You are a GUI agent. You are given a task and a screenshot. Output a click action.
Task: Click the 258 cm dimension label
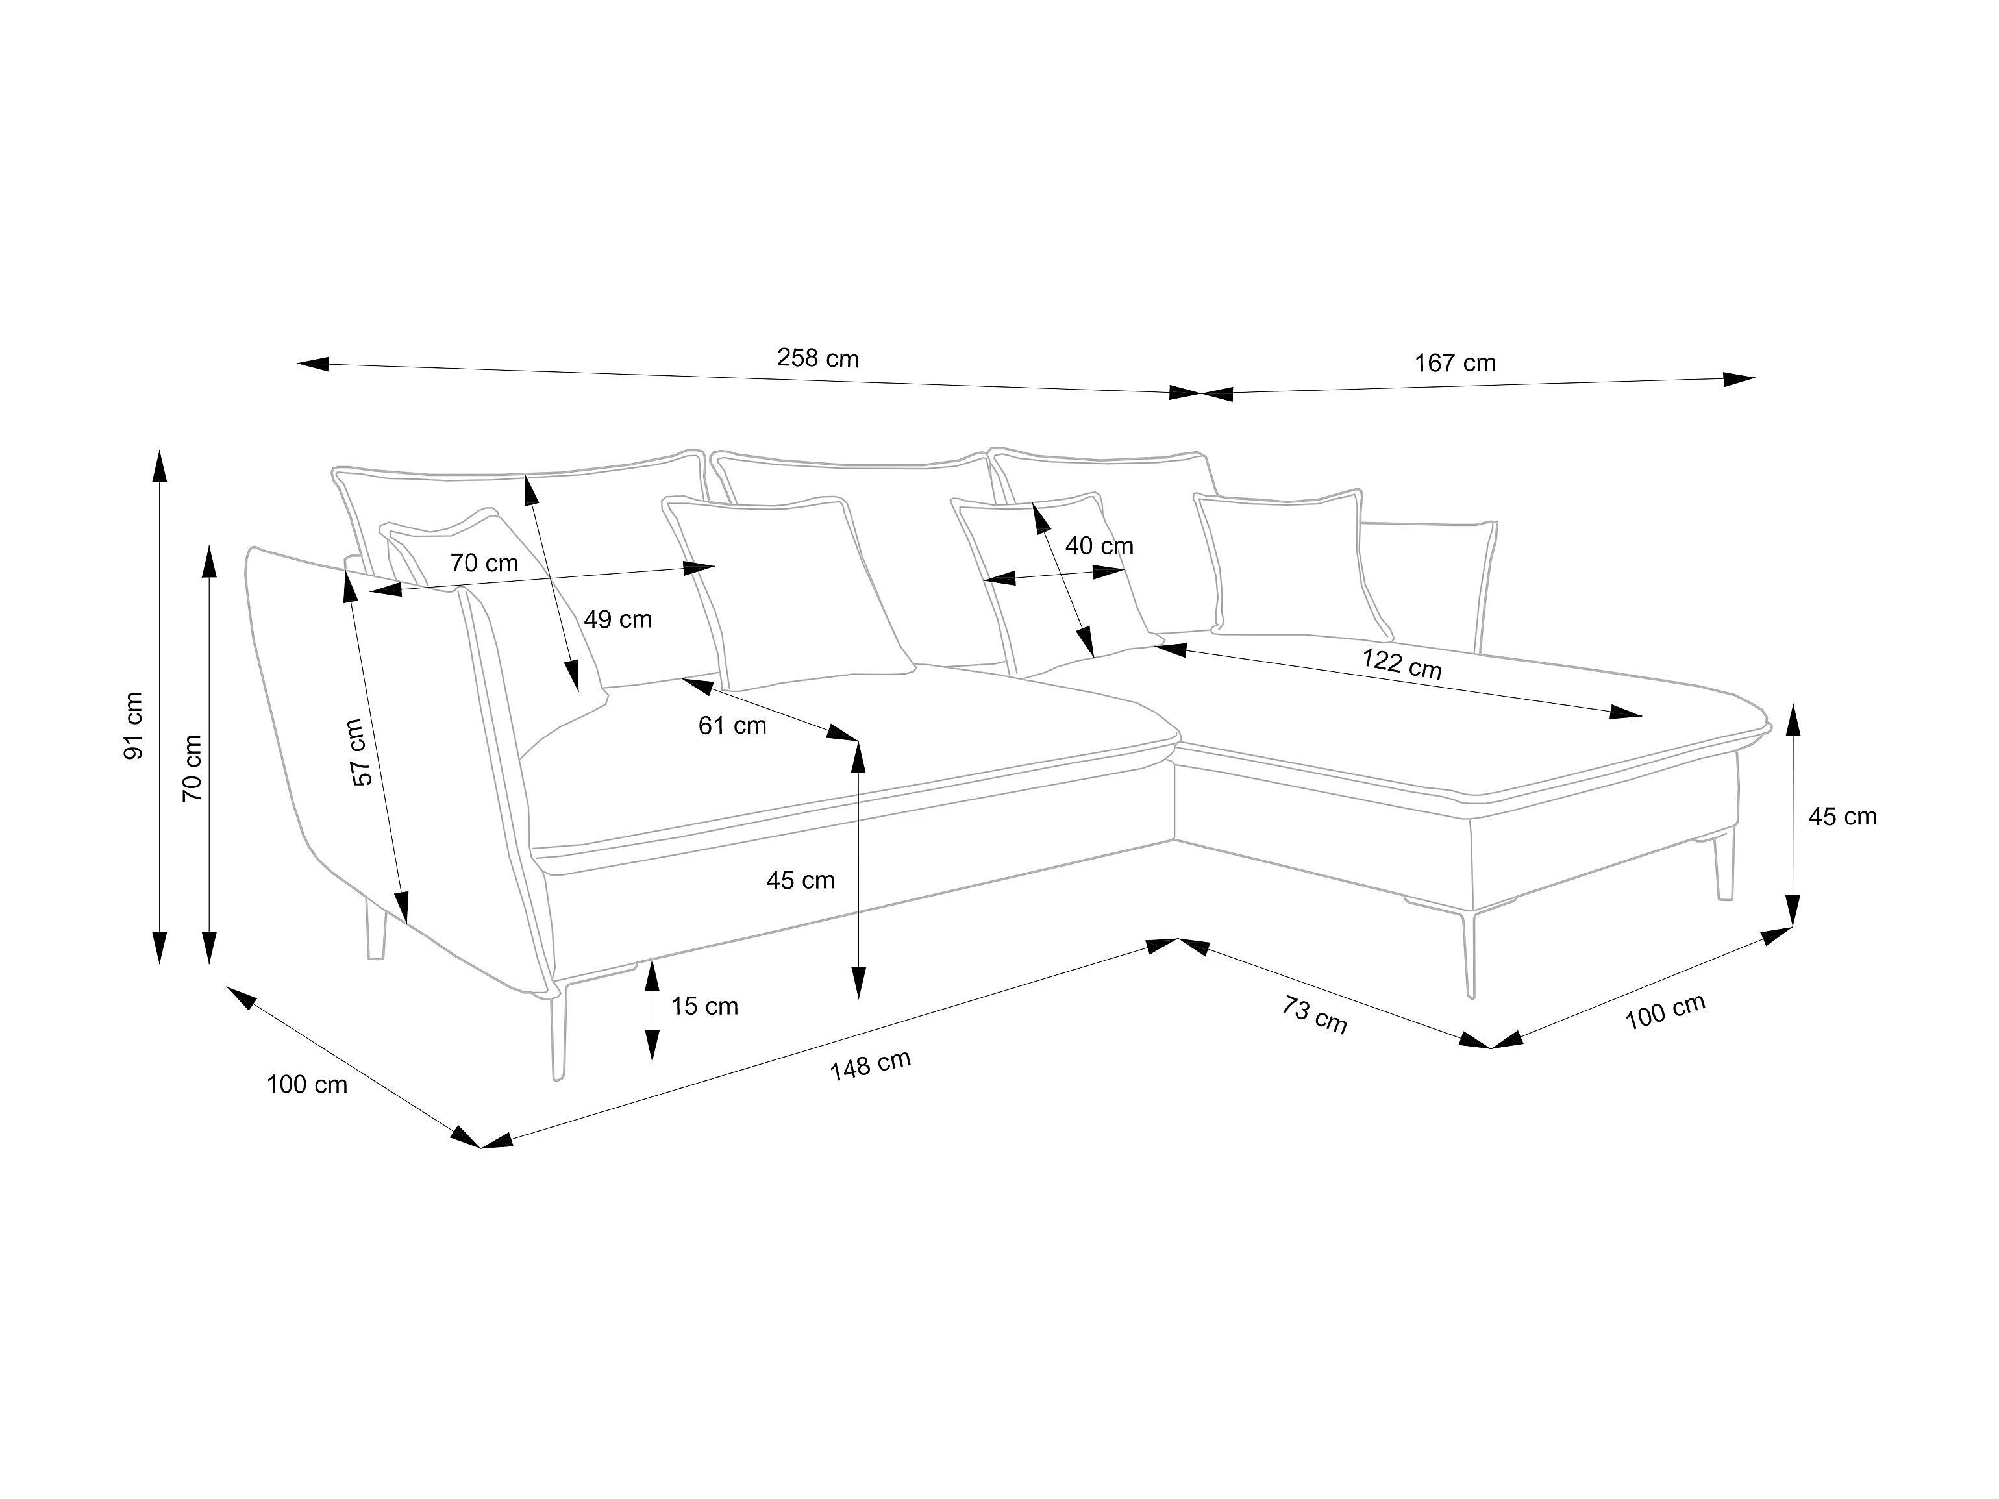818,359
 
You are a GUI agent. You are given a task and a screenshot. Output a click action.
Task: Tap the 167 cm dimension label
1455,364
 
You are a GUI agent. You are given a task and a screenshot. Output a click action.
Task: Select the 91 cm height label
134,726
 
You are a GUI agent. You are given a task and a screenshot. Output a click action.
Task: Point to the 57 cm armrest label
360,752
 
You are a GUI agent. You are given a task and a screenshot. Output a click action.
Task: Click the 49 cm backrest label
618,620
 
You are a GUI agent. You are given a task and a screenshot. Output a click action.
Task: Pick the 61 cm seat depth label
732,726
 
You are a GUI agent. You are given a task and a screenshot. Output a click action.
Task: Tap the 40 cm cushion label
1099,546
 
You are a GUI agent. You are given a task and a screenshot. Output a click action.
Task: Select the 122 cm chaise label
1402,664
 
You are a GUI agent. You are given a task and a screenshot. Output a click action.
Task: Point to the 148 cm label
870,1065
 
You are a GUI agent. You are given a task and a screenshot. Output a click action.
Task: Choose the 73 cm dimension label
1314,1015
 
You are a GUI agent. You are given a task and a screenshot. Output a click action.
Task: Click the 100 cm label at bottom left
306,1084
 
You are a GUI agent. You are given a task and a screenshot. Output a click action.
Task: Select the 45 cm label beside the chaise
1843,817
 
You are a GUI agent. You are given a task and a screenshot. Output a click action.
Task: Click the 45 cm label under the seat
801,880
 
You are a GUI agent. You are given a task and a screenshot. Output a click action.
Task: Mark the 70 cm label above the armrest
484,564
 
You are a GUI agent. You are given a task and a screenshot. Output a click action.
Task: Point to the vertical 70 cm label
192,768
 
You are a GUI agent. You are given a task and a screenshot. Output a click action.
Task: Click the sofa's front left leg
560,1030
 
